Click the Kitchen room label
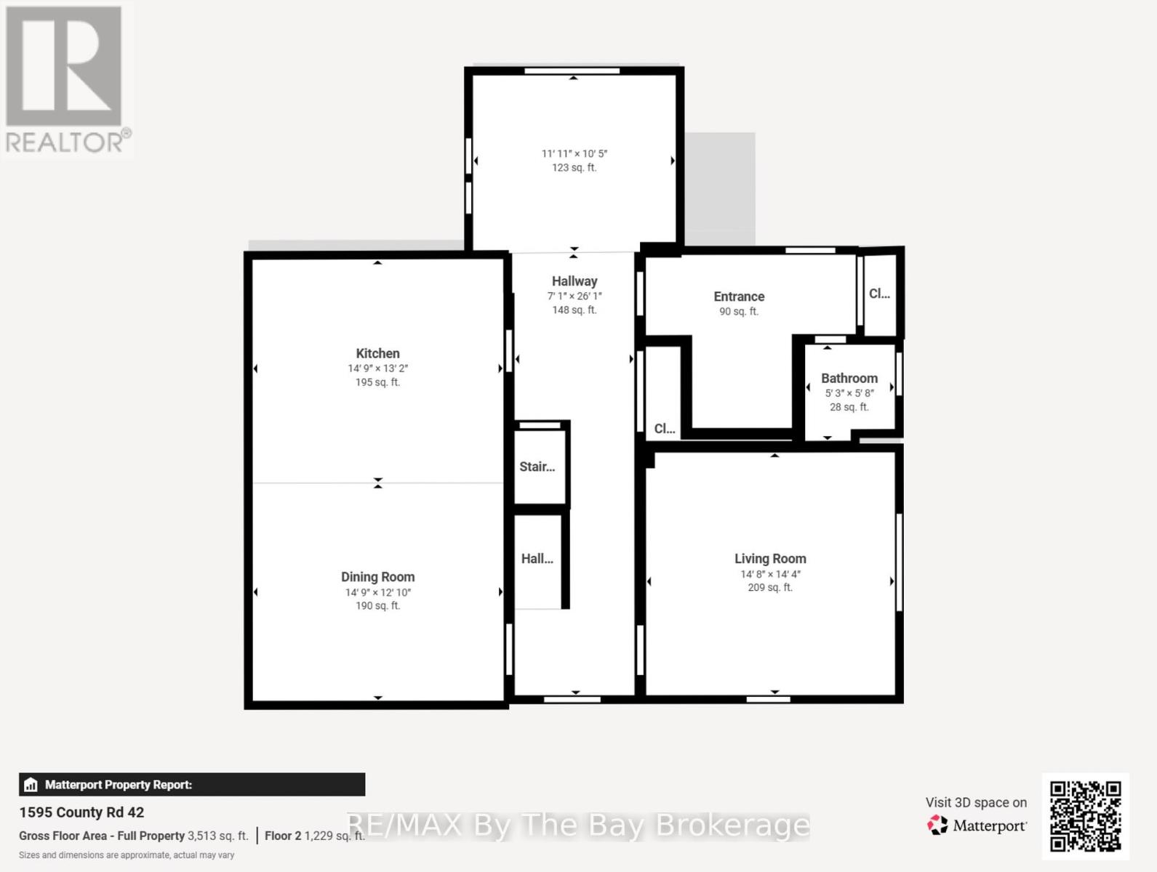(x=377, y=353)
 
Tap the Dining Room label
(x=377, y=577)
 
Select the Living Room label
(x=770, y=559)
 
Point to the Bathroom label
(x=849, y=379)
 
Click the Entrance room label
(x=739, y=296)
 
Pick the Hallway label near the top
(x=575, y=281)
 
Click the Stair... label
(x=537, y=467)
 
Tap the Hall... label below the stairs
(x=537, y=559)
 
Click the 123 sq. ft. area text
(x=574, y=168)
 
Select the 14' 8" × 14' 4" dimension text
(x=770, y=574)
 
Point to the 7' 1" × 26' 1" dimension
(x=575, y=296)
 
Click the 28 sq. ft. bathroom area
(x=849, y=407)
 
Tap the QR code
(x=1085, y=815)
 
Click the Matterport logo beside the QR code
(x=977, y=825)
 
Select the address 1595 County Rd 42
(x=81, y=812)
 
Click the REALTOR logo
(x=66, y=79)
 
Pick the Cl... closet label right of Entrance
(x=879, y=294)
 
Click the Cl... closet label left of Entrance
(x=664, y=429)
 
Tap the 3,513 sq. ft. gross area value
(x=217, y=836)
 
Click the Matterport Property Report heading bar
(x=192, y=785)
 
